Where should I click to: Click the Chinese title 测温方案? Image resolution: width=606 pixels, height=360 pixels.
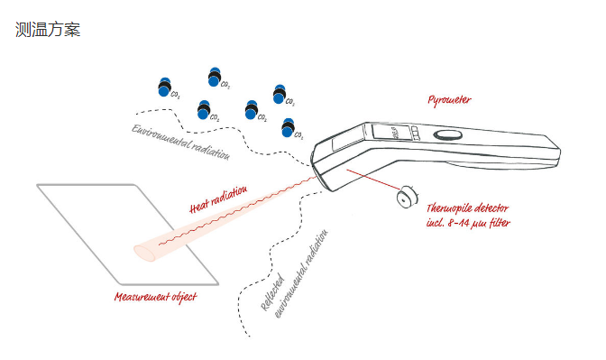tap(48, 30)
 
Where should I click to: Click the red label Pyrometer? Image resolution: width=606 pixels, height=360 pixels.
tap(449, 100)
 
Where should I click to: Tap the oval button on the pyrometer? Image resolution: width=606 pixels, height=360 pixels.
tap(448, 135)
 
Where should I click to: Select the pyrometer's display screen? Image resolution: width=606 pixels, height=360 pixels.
tap(388, 132)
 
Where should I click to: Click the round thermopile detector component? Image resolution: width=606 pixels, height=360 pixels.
tap(408, 197)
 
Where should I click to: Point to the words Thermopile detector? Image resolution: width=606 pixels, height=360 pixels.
tap(467, 208)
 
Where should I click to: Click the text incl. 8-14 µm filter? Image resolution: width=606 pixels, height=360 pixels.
tap(468, 223)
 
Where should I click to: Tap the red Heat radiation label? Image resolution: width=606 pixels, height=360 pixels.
tap(218, 199)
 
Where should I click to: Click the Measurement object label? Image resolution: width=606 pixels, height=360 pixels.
tap(155, 297)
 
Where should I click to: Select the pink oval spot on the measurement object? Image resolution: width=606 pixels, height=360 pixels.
tap(144, 253)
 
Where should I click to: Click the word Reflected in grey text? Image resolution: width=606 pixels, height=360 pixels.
tap(272, 292)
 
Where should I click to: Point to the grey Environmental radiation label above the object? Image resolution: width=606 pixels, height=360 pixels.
tap(181, 142)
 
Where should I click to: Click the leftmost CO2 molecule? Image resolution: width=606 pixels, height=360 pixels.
tap(165, 87)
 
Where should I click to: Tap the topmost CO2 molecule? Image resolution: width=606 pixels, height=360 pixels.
tap(215, 77)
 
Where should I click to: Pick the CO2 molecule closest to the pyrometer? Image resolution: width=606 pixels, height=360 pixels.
tap(288, 127)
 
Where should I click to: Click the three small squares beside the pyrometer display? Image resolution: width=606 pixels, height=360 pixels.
tap(414, 133)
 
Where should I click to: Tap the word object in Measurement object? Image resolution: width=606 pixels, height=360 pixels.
tap(184, 298)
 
